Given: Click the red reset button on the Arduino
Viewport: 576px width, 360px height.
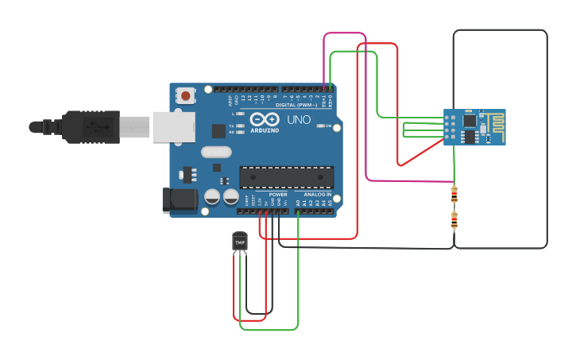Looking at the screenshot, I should (186, 96).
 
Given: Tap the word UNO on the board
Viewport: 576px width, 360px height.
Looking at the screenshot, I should (299, 120).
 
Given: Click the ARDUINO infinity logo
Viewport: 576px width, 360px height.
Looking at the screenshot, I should (263, 120).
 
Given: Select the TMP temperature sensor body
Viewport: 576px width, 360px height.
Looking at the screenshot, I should (240, 241).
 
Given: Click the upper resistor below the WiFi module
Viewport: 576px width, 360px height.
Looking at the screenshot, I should (454, 194).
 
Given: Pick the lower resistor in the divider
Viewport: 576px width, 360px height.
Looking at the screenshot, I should (454, 220).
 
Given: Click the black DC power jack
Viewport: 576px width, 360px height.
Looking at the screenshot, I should (179, 200).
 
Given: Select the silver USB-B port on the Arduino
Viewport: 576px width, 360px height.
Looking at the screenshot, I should (174, 127).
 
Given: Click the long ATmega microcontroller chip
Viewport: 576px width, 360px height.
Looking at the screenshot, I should (286, 178).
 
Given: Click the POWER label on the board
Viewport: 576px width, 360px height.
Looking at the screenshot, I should (278, 195).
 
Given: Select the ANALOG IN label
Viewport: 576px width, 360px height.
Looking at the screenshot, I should (317, 195).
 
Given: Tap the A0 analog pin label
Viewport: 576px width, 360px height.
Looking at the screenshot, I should (299, 203).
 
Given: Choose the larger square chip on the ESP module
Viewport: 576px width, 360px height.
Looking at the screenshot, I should (470, 121).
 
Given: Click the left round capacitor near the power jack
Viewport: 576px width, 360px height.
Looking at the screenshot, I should (212, 196).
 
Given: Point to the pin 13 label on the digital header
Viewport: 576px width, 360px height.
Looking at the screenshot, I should (249, 98).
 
